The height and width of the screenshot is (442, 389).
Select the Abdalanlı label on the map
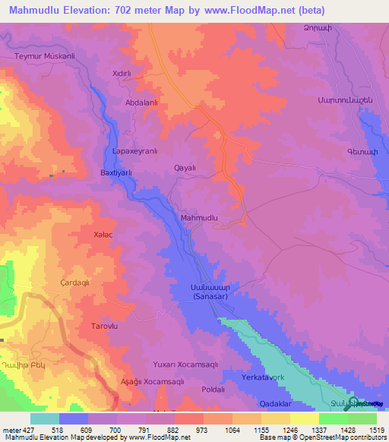tap(141, 101)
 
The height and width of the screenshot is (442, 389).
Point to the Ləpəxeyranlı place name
tap(134, 151)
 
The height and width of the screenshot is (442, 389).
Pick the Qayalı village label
tap(185, 168)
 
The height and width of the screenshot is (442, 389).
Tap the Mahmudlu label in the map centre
tap(200, 218)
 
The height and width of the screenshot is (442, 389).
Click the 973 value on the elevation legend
tap(202, 429)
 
